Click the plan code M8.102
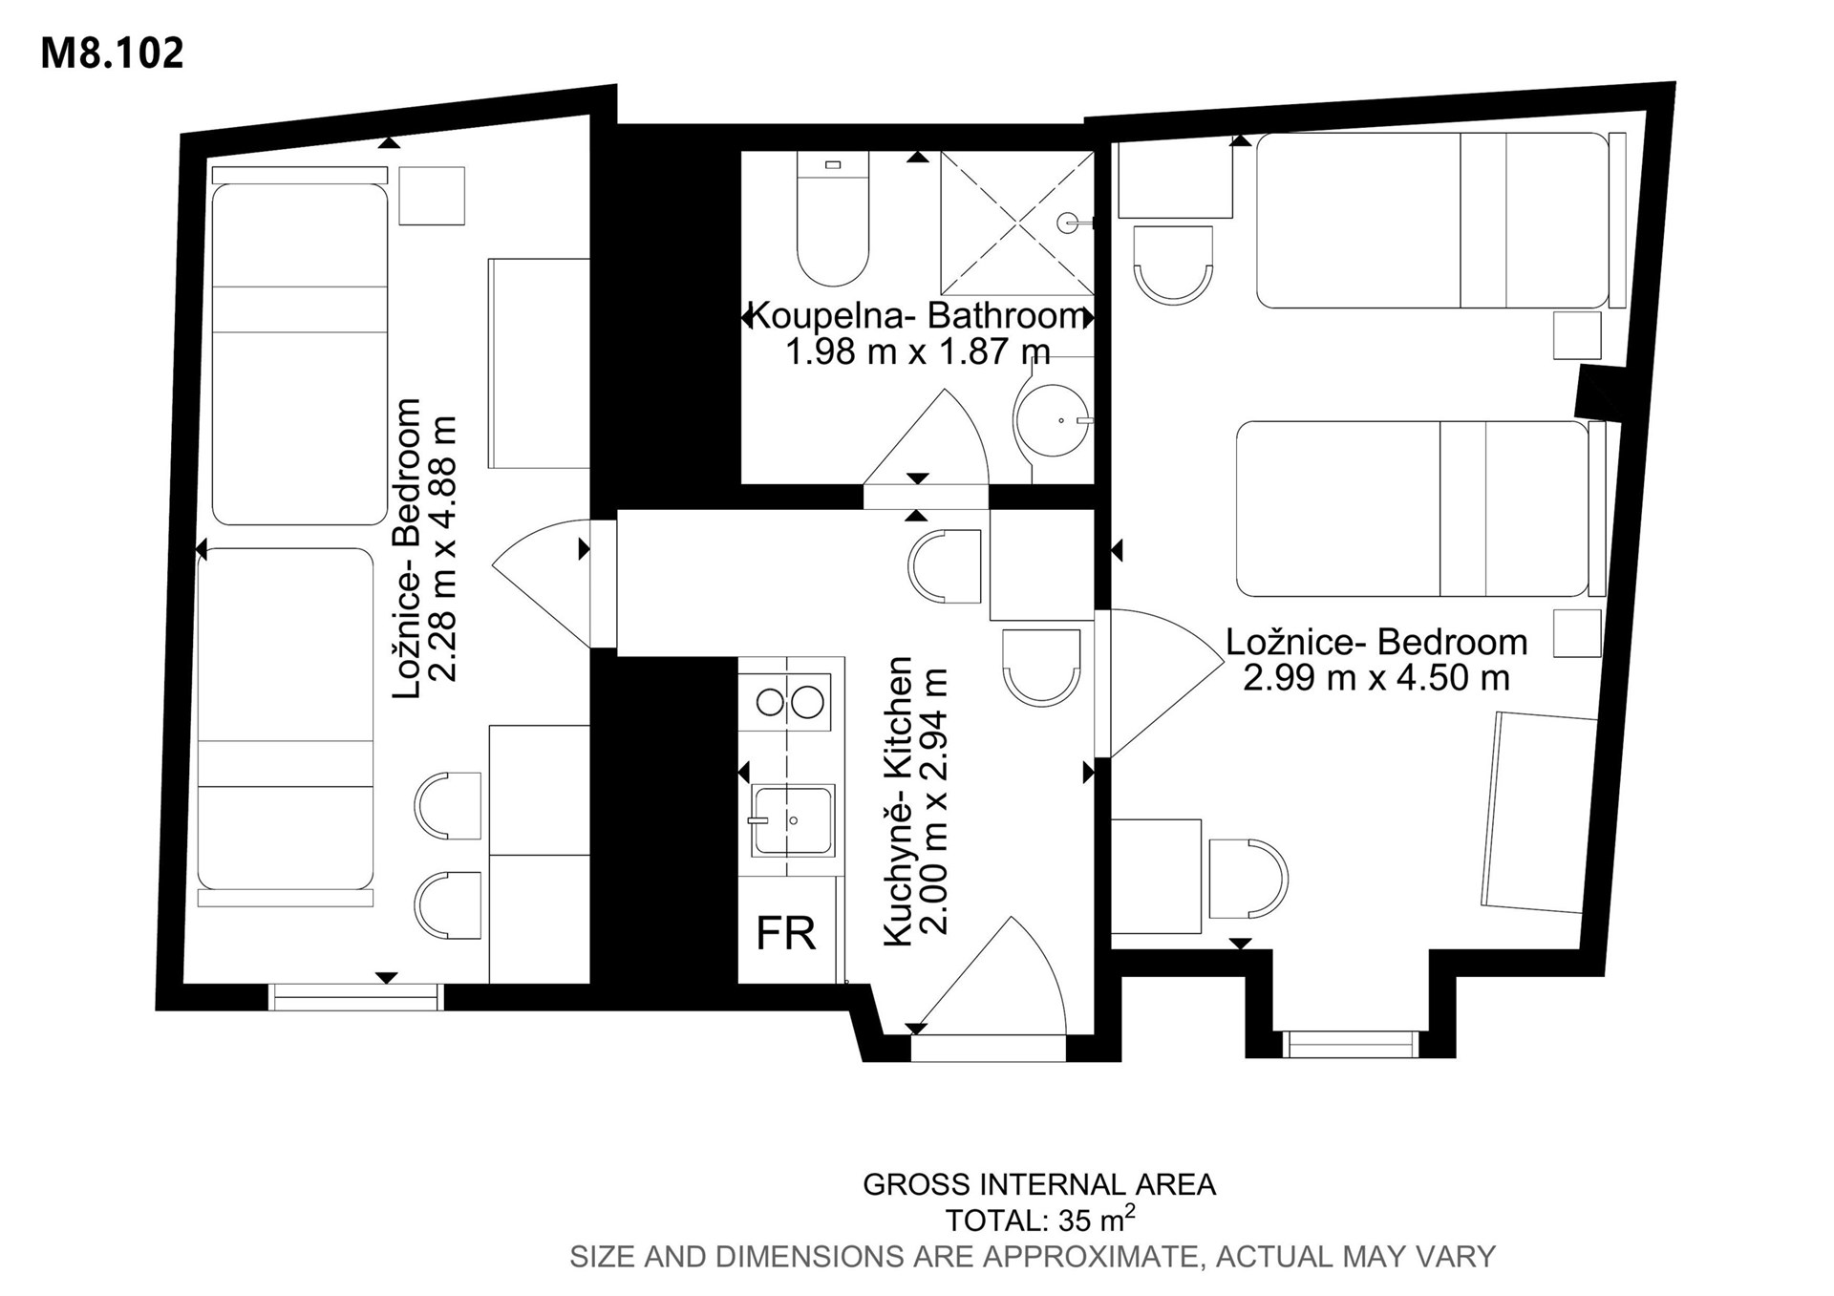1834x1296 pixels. pyautogui.click(x=112, y=53)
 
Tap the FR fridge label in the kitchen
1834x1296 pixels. pyautogui.click(x=786, y=933)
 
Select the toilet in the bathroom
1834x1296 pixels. pyautogui.click(x=833, y=219)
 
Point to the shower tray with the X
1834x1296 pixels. pyautogui.click(x=1017, y=223)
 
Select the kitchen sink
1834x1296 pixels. pyautogui.click(x=792, y=820)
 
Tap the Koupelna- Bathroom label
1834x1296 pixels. pyautogui.click(x=917, y=314)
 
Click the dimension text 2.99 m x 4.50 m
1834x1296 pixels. pyautogui.click(x=1376, y=678)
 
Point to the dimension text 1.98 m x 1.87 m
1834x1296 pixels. pyautogui.click(x=918, y=351)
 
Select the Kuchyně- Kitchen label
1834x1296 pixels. pyautogui.click(x=899, y=801)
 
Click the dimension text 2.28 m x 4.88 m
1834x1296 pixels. pyautogui.click(x=444, y=548)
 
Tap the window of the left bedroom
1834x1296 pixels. pyautogui.click(x=356, y=997)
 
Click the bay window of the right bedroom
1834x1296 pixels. pyautogui.click(x=1350, y=1044)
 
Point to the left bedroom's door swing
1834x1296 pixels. pyautogui.click(x=541, y=583)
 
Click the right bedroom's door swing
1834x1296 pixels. pyautogui.click(x=1166, y=684)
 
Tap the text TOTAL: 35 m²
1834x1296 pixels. pyautogui.click(x=1040, y=1220)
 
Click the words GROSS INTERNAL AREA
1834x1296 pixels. pyautogui.click(x=1039, y=1184)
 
